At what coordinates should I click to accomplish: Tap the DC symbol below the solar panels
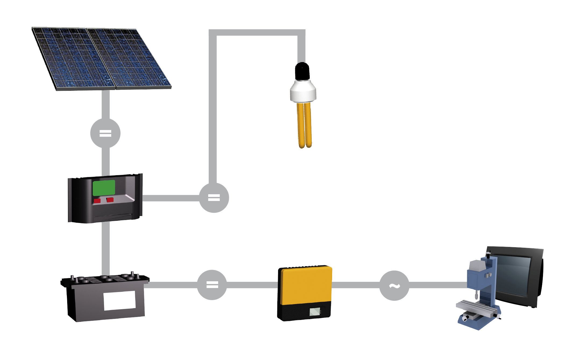[105, 133]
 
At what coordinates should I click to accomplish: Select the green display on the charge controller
[104, 188]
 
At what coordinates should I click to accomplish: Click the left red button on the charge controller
[97, 201]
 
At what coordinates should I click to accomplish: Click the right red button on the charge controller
[110, 200]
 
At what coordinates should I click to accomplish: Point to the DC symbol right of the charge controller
[214, 198]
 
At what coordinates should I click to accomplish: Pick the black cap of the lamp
[302, 71]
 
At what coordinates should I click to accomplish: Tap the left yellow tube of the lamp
[301, 125]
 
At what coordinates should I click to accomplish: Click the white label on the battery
[120, 300]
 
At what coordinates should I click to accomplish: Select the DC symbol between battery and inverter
[212, 285]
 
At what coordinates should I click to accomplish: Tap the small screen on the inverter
[315, 312]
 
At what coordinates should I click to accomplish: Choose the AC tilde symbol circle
[394, 286]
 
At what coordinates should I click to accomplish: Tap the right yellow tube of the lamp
[308, 125]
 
